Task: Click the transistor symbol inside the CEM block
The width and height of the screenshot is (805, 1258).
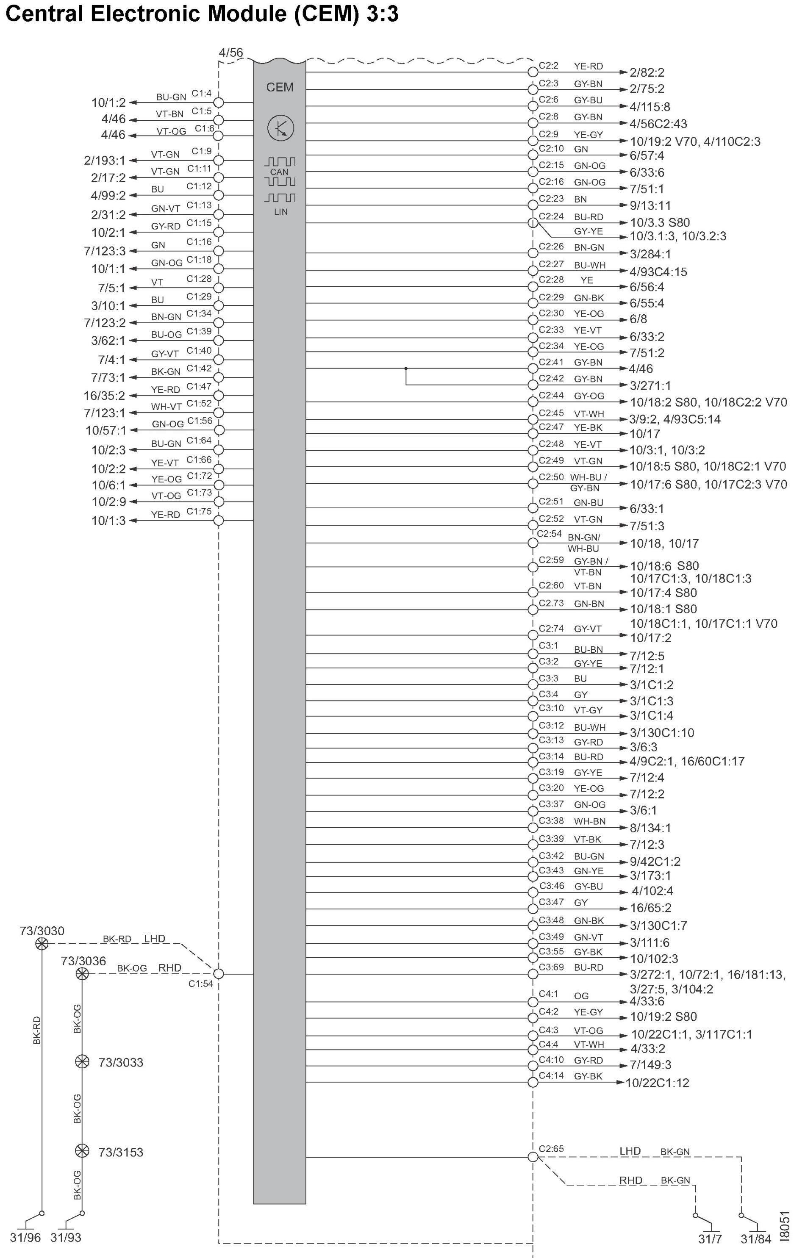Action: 281,128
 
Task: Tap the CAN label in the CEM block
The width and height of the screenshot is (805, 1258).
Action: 279,172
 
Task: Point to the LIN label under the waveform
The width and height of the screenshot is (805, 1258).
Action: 281,212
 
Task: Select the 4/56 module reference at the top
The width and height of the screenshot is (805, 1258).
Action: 230,52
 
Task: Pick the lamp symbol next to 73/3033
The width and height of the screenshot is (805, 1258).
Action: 82,1061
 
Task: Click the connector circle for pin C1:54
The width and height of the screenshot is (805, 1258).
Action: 219,974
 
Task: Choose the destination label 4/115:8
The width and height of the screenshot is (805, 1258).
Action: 650,107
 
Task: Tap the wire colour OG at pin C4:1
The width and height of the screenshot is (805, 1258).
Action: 581,996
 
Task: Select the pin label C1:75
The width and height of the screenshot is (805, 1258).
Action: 199,511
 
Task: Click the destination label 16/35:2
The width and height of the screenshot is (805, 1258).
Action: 105,396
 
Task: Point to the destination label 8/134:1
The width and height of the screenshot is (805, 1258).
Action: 650,828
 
